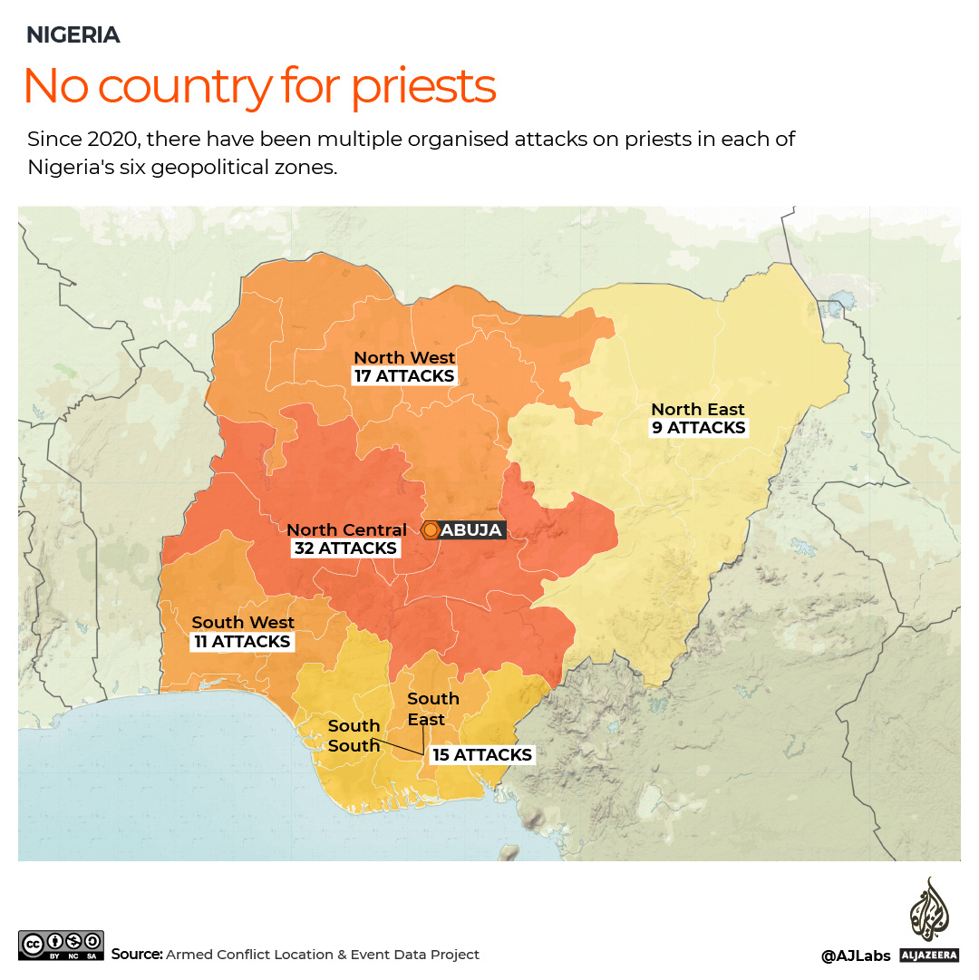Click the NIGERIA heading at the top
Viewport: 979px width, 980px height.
(73, 35)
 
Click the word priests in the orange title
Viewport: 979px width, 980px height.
(423, 86)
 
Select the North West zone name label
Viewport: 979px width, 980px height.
(404, 357)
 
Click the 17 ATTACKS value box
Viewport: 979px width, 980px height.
(404, 376)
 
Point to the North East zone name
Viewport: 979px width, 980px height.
(698, 410)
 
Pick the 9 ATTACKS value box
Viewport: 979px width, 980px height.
(699, 428)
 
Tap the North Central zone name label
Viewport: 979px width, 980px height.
(347, 529)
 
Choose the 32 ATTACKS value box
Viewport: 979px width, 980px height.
(345, 548)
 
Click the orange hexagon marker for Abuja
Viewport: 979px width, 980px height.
(431, 530)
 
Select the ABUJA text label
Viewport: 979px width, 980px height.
(470, 530)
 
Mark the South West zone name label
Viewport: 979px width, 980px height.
(243, 623)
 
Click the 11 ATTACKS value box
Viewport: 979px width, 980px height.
(243, 642)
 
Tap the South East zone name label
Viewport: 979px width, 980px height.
(432, 709)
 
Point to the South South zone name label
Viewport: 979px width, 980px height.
(354, 736)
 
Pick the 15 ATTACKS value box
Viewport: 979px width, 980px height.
(482, 755)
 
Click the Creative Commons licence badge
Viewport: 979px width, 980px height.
(61, 945)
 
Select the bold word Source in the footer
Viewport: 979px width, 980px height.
(137, 955)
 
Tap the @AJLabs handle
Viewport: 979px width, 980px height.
(856, 956)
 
